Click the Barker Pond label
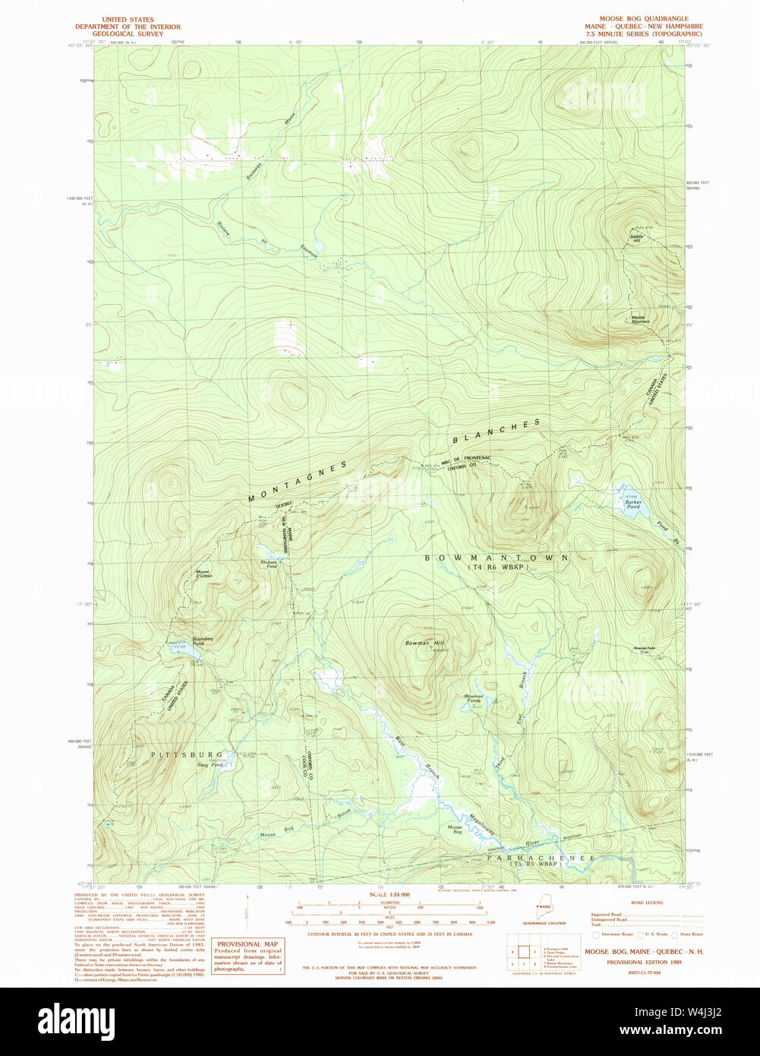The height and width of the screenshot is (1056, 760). pos(633,504)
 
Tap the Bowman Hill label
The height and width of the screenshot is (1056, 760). pos(424,643)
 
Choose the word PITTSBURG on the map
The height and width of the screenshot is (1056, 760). pos(187,754)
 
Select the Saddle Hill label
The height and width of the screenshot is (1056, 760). pos(635,239)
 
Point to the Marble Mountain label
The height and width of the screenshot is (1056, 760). pos(640,320)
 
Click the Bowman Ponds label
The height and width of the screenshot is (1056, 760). pos(474,698)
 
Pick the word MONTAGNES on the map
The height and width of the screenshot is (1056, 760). pos(298,482)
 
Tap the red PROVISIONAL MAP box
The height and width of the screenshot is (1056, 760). pos(247,956)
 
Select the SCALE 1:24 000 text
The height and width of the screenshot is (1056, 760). pos(389,895)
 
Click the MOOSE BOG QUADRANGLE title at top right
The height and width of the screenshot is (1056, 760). pos(643,18)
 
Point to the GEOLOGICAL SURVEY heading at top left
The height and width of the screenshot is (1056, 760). pos(128,33)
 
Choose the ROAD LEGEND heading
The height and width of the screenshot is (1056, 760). pos(648,903)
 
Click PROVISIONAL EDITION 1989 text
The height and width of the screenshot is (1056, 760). pos(644,962)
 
